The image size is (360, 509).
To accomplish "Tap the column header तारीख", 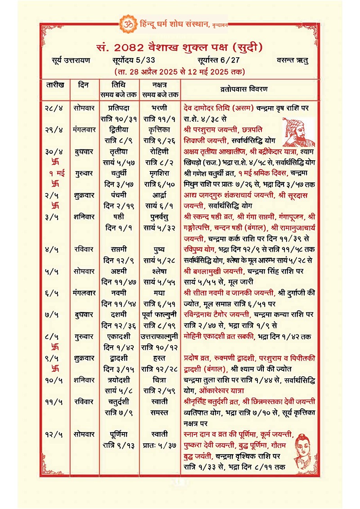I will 55,85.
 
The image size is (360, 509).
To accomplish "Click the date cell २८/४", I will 55,108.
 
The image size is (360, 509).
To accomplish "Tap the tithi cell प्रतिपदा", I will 119,108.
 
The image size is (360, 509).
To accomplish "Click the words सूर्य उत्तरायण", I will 71,60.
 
